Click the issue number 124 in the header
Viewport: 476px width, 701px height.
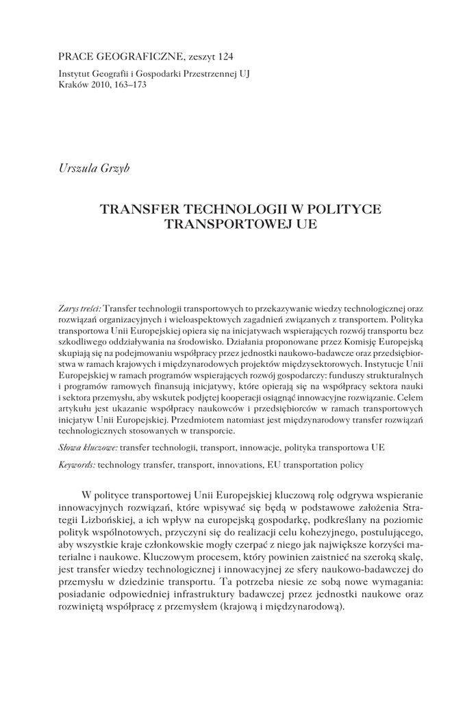[233, 56]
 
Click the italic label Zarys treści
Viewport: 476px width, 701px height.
[80, 309]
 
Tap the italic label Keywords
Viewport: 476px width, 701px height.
[77, 464]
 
